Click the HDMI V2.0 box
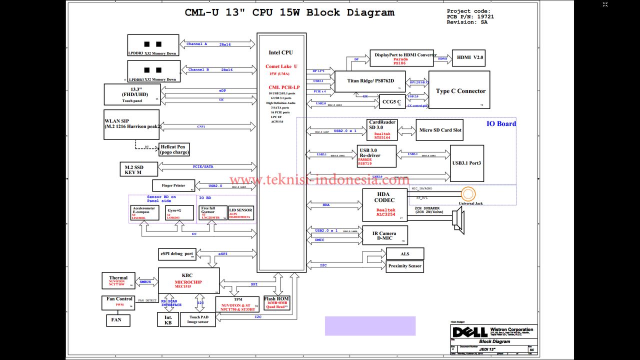[x=468, y=58]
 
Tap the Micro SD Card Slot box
[x=439, y=130]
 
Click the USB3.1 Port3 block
[x=467, y=163]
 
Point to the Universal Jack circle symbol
[x=468, y=194]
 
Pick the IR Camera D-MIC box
[x=384, y=235]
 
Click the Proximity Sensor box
[x=405, y=266]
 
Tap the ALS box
[x=405, y=254]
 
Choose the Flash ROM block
[x=276, y=302]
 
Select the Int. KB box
[x=168, y=320]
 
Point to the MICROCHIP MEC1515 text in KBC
[x=188, y=284]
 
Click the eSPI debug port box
[x=177, y=254]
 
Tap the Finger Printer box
[x=173, y=185]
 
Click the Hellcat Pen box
[x=174, y=149]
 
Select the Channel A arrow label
[x=197, y=44]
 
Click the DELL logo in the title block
[x=470, y=332]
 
